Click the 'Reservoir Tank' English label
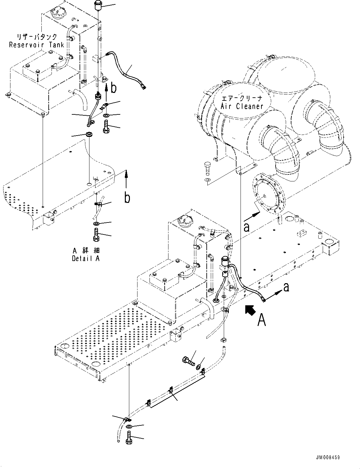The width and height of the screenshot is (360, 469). (36, 45)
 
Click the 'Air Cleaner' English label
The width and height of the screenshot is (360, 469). (242, 106)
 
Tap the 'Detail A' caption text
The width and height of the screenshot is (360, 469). (86, 258)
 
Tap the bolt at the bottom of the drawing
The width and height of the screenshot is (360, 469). (129, 440)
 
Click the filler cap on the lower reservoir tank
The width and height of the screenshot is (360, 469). (184, 218)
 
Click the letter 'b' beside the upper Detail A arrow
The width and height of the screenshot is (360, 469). (113, 88)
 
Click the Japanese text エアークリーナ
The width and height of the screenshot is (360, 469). (242, 98)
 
